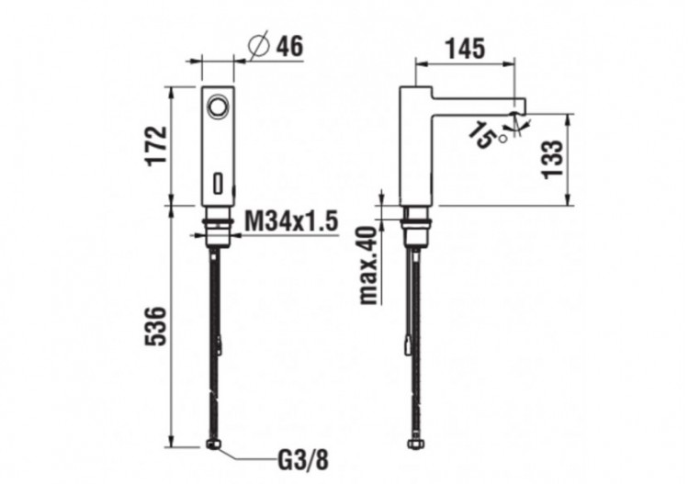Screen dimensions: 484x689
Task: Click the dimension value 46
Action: coord(289,45)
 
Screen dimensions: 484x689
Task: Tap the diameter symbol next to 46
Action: coord(258,45)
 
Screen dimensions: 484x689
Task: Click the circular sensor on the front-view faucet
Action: coord(218,107)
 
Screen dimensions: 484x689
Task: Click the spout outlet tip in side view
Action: coord(517,117)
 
